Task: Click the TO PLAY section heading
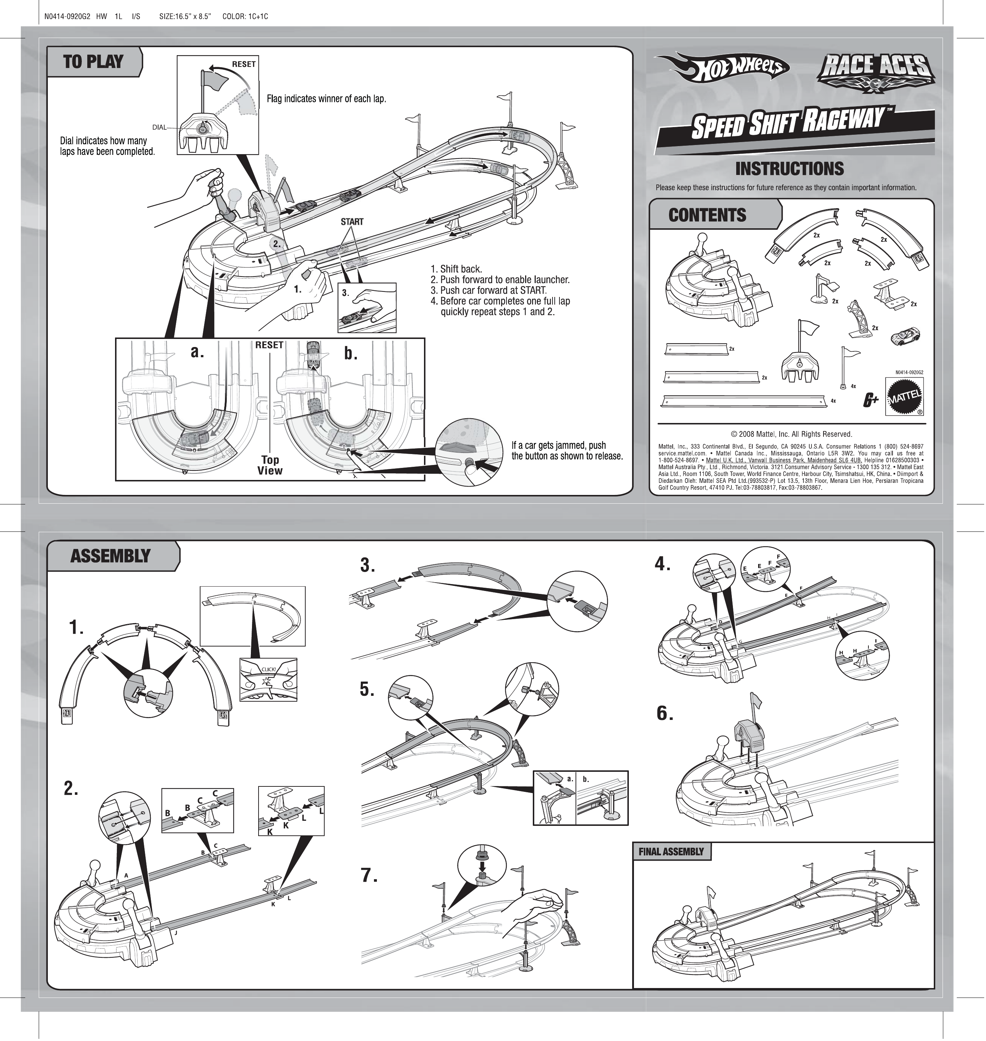tap(93, 62)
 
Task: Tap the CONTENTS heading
tap(707, 215)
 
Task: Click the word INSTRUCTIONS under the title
tap(790, 169)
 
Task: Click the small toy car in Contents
tap(906, 335)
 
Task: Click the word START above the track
tap(352, 222)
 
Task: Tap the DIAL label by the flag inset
tap(159, 127)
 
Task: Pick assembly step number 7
tap(369, 876)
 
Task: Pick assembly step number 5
tap(367, 689)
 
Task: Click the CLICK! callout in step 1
tap(268, 669)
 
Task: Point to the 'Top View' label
tap(270, 465)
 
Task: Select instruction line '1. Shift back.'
tap(456, 269)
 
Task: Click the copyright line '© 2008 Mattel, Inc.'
tap(791, 434)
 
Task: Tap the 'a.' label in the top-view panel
tap(198, 352)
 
